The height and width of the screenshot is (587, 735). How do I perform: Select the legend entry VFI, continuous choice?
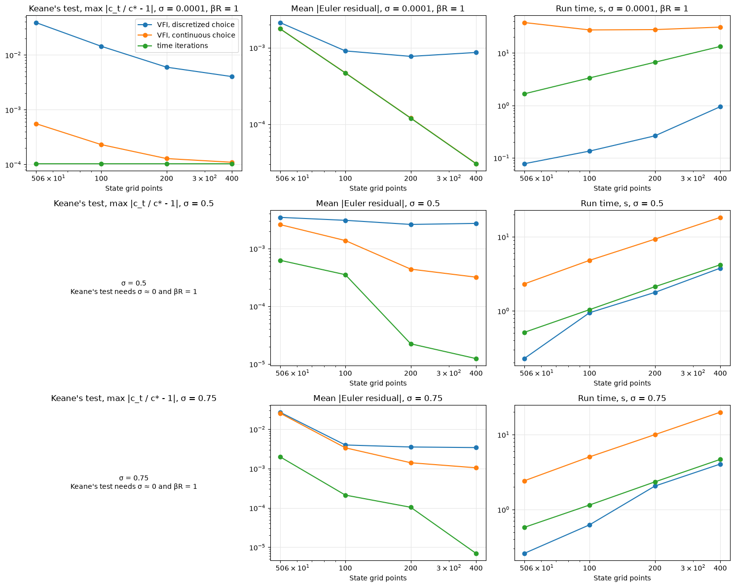click(x=186, y=35)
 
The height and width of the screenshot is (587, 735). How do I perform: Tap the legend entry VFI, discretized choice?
click(x=186, y=25)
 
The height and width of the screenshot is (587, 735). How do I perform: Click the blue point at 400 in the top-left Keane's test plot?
click(x=232, y=76)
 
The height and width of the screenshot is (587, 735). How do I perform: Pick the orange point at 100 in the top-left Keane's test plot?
click(x=101, y=145)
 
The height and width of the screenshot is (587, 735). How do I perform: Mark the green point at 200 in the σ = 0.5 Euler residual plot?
click(x=410, y=344)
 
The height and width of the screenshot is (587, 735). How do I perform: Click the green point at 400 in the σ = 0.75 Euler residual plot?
click(x=476, y=553)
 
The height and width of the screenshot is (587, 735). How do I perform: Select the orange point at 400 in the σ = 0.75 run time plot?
click(x=720, y=412)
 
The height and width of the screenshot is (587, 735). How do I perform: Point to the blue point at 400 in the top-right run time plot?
click(x=720, y=107)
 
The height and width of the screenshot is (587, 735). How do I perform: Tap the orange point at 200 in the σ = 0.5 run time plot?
click(x=655, y=239)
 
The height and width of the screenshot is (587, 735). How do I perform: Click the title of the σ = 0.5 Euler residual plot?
click(x=378, y=203)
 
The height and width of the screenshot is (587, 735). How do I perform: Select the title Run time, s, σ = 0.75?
click(x=622, y=398)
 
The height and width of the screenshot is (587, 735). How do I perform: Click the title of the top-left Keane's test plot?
click(x=134, y=8)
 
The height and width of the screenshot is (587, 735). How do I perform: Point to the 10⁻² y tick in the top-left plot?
click(x=13, y=55)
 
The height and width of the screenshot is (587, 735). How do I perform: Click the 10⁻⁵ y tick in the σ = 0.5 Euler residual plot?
click(x=257, y=364)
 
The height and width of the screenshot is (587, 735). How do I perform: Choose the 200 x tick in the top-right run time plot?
click(x=655, y=178)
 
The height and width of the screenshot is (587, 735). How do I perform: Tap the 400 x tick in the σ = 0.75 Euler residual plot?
click(x=476, y=568)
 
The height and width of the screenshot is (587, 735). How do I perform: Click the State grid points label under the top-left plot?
click(x=134, y=188)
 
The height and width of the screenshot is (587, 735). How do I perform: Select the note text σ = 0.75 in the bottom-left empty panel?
click(x=134, y=477)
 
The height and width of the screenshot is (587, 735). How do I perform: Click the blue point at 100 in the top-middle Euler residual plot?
click(x=345, y=51)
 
